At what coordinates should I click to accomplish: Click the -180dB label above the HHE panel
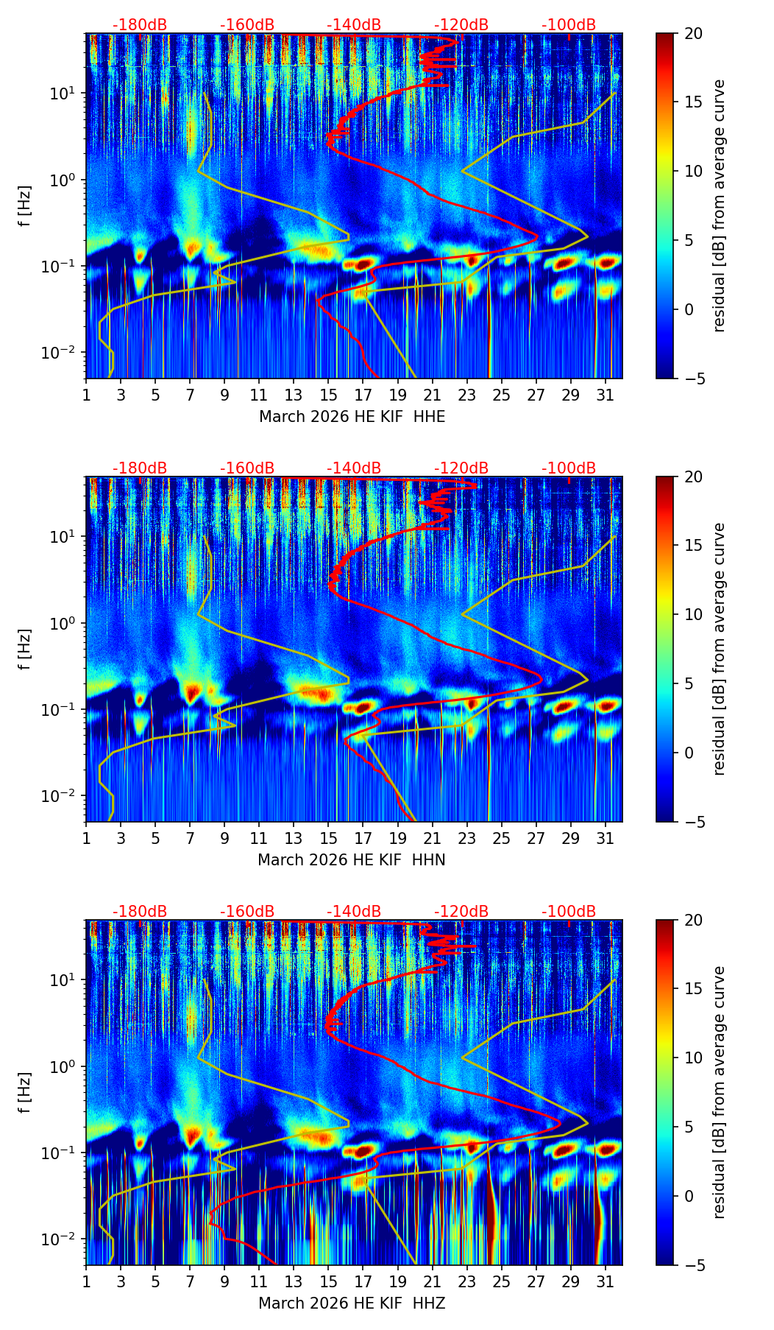pos(140,25)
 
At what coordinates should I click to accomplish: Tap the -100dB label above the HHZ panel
pos(569,912)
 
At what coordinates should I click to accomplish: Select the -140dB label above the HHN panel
pos(354,468)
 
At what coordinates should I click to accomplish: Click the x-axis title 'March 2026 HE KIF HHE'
pos(352,417)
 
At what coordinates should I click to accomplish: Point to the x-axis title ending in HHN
pos(352,860)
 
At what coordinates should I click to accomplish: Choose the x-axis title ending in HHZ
pos(352,1303)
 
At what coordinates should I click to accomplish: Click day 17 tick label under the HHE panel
pos(363,395)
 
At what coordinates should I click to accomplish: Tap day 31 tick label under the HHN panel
pos(606,838)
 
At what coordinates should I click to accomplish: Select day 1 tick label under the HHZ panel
pos(87,1281)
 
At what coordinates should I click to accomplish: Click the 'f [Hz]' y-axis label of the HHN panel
pos(25,649)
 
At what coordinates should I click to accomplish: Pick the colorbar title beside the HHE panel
pos(719,205)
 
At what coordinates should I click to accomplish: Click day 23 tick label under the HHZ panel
pos(467,1281)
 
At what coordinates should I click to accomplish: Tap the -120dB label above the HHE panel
pos(461,25)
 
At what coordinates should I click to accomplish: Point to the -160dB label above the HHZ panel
pos(247,912)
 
